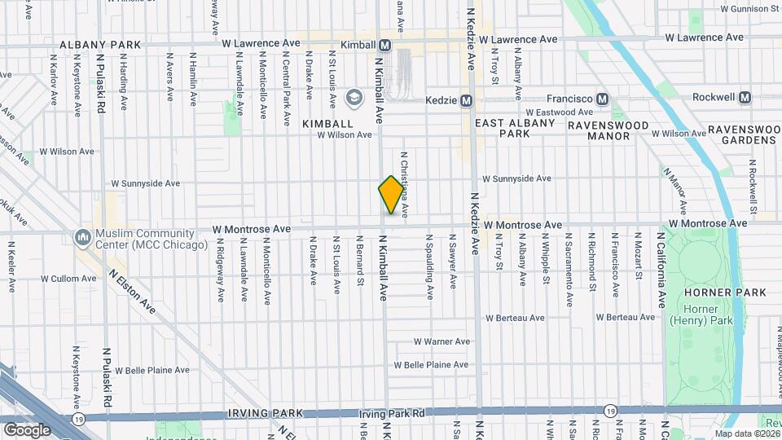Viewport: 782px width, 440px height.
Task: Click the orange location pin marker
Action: coord(391,195)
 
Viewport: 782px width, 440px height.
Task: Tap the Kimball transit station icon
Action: coord(384,46)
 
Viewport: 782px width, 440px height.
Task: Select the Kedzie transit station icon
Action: coord(466,100)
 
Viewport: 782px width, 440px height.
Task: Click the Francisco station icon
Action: coord(602,99)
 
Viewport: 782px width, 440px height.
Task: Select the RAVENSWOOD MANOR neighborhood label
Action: coord(609,130)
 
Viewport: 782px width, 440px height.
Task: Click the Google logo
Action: coord(27,429)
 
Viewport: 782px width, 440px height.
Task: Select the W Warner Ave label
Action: coord(442,341)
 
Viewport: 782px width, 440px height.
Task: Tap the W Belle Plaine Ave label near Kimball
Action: coord(431,365)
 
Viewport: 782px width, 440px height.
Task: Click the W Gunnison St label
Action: coord(749,8)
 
